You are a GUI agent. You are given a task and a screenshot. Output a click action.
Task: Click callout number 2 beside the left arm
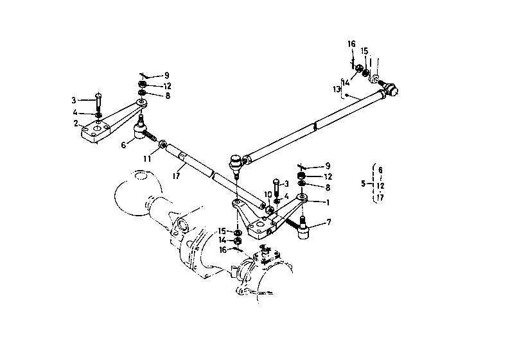76,123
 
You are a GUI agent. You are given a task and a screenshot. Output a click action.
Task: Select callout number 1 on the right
328,202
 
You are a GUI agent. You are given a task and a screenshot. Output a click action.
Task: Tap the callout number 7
328,222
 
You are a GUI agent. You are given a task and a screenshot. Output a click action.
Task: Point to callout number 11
147,159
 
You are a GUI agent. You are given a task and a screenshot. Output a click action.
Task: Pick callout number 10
268,194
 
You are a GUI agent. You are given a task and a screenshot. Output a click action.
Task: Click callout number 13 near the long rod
337,89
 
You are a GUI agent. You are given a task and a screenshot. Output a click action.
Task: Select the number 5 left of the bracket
364,184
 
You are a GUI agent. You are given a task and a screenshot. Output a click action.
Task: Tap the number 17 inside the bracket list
380,197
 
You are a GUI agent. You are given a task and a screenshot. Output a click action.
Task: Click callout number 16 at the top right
351,44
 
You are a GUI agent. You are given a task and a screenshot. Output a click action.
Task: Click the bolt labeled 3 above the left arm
98,101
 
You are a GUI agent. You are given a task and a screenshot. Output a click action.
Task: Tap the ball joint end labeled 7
304,228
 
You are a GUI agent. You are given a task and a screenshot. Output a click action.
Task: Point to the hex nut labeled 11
162,143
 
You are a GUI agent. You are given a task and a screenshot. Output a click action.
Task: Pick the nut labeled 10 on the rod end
269,210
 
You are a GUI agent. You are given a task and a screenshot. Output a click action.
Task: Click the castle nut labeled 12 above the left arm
141,85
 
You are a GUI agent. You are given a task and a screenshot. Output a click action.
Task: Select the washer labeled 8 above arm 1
301,184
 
